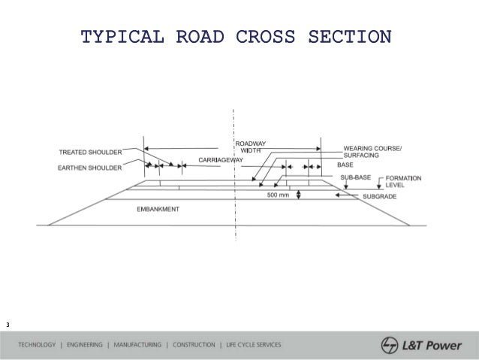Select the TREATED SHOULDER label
click(x=90, y=153)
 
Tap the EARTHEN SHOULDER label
click(x=90, y=168)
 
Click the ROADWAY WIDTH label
click(x=249, y=147)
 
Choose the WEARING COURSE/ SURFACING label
click(x=372, y=151)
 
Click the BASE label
click(x=345, y=165)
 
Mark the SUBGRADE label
click(x=380, y=196)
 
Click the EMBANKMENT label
click(x=157, y=208)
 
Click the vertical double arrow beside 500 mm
click(x=299, y=195)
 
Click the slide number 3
click(x=7, y=325)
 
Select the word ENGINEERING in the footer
click(x=85, y=345)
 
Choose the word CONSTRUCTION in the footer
click(x=194, y=345)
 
